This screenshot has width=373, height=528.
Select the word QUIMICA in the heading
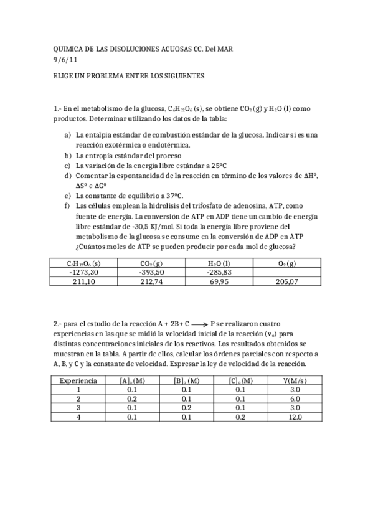click(69, 49)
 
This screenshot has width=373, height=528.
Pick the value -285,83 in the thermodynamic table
click(219, 272)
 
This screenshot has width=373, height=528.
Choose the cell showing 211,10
click(83, 281)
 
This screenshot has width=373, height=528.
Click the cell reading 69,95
click(219, 281)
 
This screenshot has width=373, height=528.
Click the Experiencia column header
click(78, 380)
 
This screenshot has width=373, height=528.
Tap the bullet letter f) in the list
click(67, 204)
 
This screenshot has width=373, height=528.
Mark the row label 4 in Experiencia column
click(78, 417)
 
